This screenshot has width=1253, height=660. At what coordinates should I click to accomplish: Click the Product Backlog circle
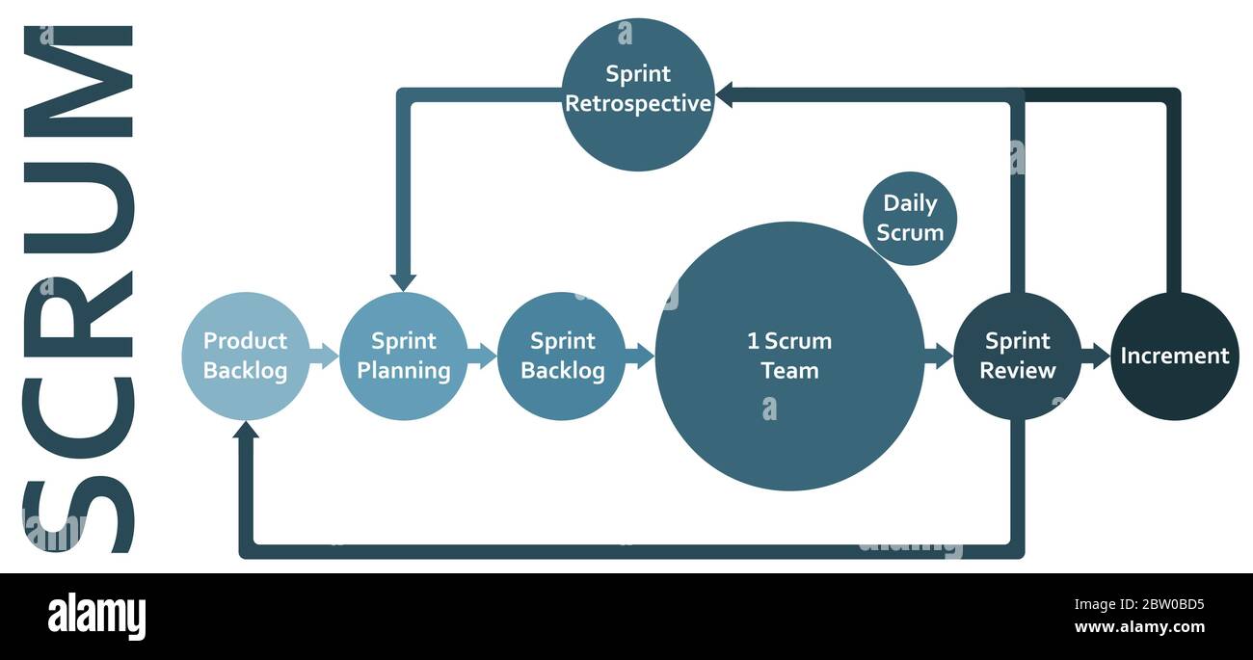[x=246, y=356]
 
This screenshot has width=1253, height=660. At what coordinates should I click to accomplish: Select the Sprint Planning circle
[x=404, y=356]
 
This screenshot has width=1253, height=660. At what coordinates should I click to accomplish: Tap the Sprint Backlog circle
[x=562, y=356]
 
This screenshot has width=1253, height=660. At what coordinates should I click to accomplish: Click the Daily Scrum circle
[x=910, y=219]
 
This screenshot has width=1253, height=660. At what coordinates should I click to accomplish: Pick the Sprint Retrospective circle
[x=638, y=94]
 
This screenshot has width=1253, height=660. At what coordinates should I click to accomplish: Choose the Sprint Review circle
[x=1017, y=356]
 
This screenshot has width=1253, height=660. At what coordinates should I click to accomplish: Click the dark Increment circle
[x=1174, y=356]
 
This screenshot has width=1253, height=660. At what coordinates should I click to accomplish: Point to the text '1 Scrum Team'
[x=788, y=356]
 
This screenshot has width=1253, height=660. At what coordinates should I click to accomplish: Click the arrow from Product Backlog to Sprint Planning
[x=325, y=356]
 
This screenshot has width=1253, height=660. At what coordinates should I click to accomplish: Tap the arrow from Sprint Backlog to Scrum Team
[x=640, y=356]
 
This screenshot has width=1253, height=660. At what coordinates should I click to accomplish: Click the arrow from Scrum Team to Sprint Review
[x=938, y=356]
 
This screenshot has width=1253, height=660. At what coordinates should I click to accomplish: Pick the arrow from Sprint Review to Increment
[x=1096, y=356]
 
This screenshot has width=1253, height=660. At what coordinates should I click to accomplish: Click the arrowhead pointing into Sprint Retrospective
[x=724, y=94]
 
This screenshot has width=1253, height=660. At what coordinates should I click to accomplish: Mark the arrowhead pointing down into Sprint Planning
[x=404, y=280]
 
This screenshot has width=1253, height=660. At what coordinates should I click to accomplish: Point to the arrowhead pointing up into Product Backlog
[x=246, y=430]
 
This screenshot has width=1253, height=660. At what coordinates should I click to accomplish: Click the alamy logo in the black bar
[x=96, y=617]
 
